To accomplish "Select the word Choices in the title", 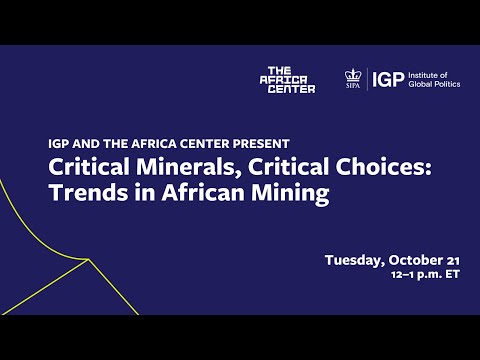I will (339, 167).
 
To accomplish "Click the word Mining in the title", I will (294, 193).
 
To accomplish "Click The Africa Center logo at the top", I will (287, 80).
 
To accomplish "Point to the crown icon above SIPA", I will (352, 75).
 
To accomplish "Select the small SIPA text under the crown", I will (352, 87).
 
